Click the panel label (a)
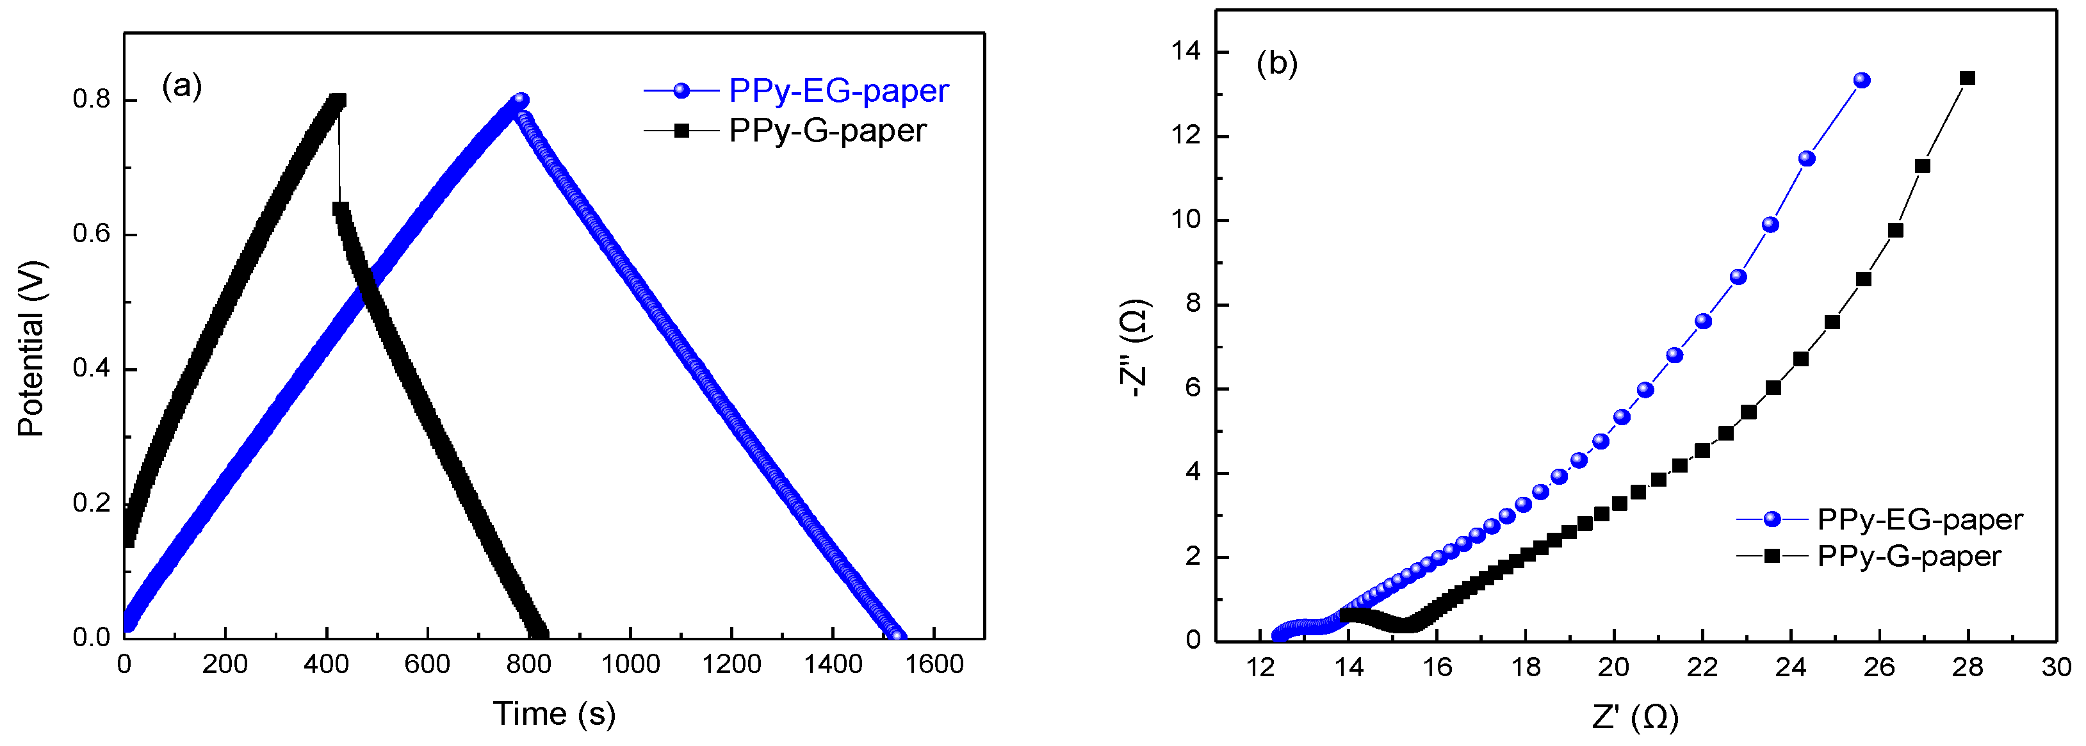[x=181, y=86]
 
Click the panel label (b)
[x=1276, y=63]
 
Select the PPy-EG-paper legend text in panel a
[x=838, y=91]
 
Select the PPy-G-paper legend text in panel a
[x=827, y=131]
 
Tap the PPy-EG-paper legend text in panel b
[x=1919, y=519]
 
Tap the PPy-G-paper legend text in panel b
[x=1909, y=556]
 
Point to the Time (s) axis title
[x=555, y=713]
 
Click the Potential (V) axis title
[x=31, y=348]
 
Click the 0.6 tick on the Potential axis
[x=92, y=234]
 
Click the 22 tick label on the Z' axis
[x=1701, y=667]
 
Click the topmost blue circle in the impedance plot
[x=1862, y=80]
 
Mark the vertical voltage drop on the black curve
[x=339, y=154]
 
